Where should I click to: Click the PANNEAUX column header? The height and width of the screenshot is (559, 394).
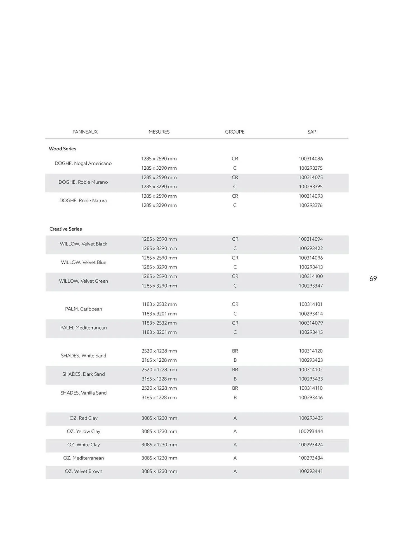(x=85, y=132)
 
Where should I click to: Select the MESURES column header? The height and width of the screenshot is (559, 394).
(x=159, y=132)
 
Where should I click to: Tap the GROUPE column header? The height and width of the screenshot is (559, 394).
(x=235, y=132)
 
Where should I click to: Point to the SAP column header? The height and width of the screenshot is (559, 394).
(x=312, y=132)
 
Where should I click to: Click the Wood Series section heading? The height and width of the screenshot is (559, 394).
(x=62, y=149)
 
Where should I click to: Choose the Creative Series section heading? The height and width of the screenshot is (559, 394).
(x=65, y=229)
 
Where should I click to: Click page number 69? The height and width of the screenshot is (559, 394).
(x=373, y=278)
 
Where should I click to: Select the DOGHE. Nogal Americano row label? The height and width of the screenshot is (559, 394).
(x=83, y=163)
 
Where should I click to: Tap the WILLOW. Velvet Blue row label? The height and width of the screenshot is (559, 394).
(x=84, y=262)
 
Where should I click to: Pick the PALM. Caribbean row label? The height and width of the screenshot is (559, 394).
(x=84, y=309)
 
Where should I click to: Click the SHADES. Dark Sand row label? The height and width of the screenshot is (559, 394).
(x=84, y=374)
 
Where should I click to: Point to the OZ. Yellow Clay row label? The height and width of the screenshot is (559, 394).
(x=84, y=431)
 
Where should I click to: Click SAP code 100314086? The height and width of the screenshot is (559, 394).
(x=311, y=158)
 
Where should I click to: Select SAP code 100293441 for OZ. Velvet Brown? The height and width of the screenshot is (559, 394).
(x=311, y=471)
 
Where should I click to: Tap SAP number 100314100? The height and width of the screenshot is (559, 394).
(x=311, y=276)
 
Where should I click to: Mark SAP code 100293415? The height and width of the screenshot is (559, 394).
(x=311, y=332)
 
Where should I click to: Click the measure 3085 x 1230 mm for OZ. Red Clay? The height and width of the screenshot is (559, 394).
(x=159, y=418)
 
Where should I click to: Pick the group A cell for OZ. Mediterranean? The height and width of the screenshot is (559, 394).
(x=235, y=458)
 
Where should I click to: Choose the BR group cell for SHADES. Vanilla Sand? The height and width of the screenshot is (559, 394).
(x=235, y=388)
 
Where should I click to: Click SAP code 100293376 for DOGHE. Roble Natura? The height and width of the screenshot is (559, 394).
(x=311, y=205)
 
